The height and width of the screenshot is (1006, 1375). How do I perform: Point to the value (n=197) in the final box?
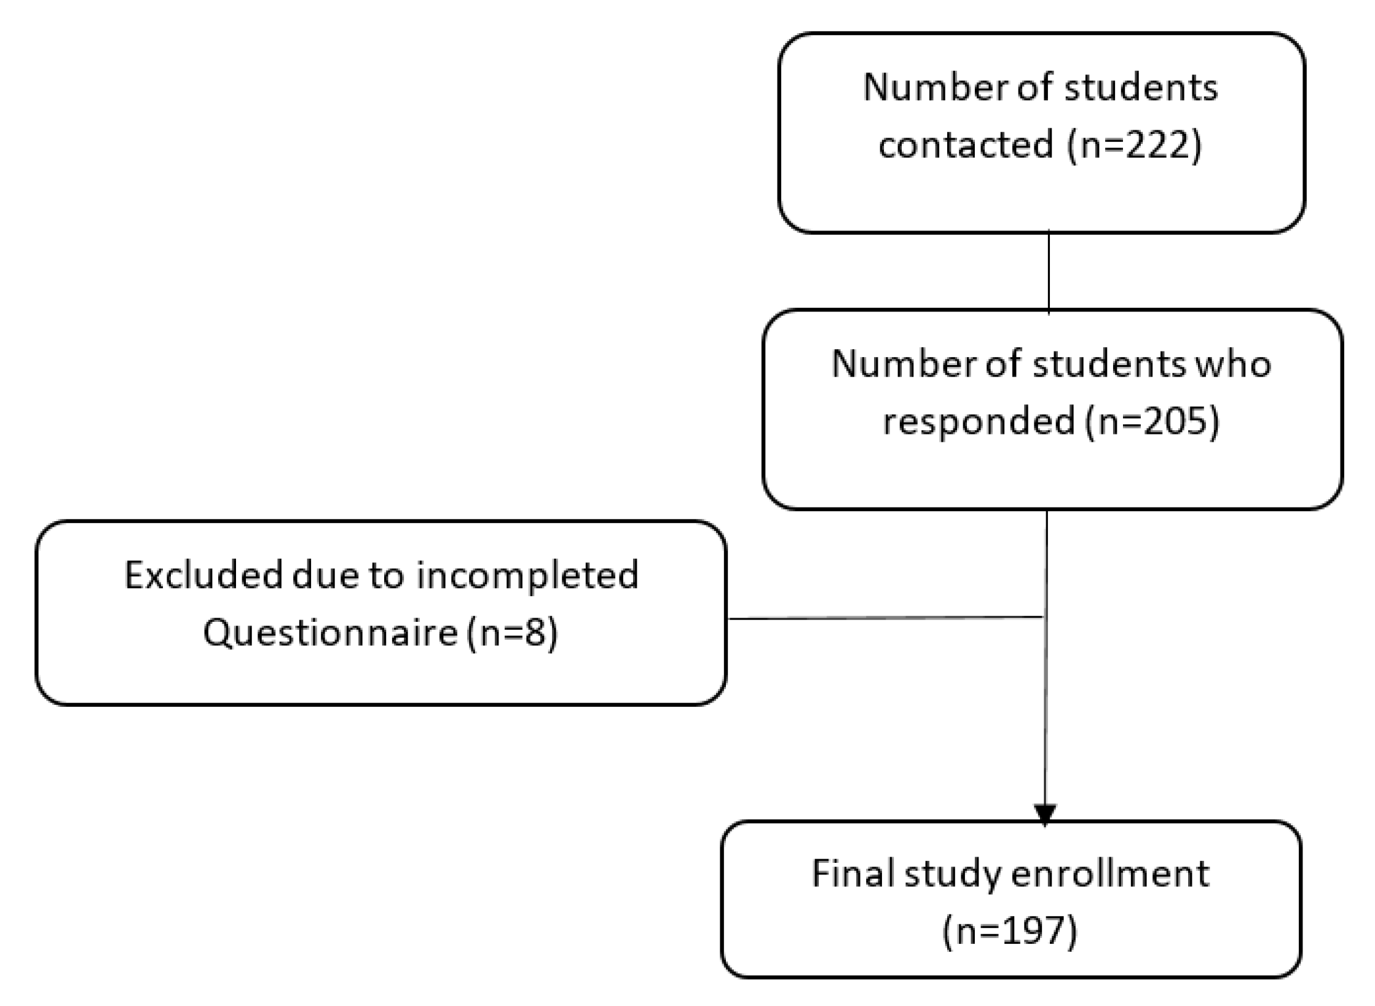[1011, 930]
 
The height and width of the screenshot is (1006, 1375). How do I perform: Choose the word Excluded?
[203, 575]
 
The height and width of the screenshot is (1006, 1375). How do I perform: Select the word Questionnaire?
[330, 632]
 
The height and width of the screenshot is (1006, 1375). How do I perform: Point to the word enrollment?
[1109, 873]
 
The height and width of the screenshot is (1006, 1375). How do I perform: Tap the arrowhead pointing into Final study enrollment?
[1045, 814]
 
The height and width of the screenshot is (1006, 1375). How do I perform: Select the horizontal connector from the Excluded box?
[885, 618]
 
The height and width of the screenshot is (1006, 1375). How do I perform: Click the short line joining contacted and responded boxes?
[1049, 271]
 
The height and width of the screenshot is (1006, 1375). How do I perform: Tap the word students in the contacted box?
[1141, 87]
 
